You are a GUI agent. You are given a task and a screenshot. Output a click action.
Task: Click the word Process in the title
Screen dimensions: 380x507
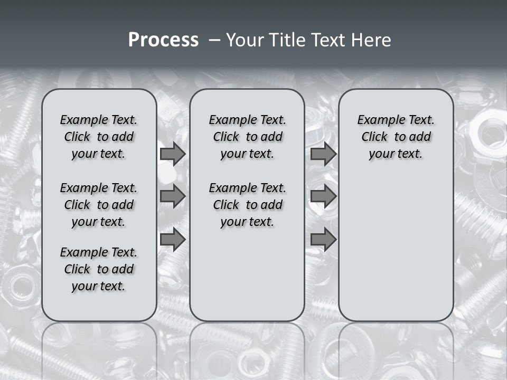[163, 40]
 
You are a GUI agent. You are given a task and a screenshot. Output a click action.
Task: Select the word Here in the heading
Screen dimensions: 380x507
[369, 40]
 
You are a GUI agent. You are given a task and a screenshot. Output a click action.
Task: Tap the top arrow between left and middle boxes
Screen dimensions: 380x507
[173, 154]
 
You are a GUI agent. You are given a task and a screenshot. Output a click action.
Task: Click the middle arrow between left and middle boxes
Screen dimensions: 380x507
[173, 196]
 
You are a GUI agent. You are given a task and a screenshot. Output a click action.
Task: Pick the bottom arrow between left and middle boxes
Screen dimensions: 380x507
[173, 240]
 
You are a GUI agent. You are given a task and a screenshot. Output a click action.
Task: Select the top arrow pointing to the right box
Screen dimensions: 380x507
[323, 154]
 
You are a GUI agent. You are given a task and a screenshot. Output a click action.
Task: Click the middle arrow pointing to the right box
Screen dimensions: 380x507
[323, 196]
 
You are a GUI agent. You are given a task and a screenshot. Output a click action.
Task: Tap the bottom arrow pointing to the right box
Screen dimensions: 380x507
[323, 240]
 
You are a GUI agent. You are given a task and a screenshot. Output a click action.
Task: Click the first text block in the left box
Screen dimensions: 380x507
[99, 137]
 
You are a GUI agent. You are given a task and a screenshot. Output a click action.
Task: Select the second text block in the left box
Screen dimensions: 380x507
[99, 205]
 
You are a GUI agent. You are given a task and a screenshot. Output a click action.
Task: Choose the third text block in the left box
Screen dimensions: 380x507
[99, 269]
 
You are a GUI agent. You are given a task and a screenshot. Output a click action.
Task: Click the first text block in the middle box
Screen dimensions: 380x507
[247, 137]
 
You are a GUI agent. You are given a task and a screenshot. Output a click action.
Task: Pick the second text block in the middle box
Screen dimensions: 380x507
[247, 205]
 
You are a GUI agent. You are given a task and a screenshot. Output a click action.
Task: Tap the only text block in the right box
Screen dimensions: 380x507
[396, 137]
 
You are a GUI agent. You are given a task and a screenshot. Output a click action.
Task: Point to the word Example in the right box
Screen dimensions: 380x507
[377, 120]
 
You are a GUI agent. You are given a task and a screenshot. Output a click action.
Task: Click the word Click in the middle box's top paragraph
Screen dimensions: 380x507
[226, 137]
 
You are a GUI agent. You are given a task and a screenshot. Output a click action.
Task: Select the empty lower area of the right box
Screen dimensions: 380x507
[396, 248]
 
